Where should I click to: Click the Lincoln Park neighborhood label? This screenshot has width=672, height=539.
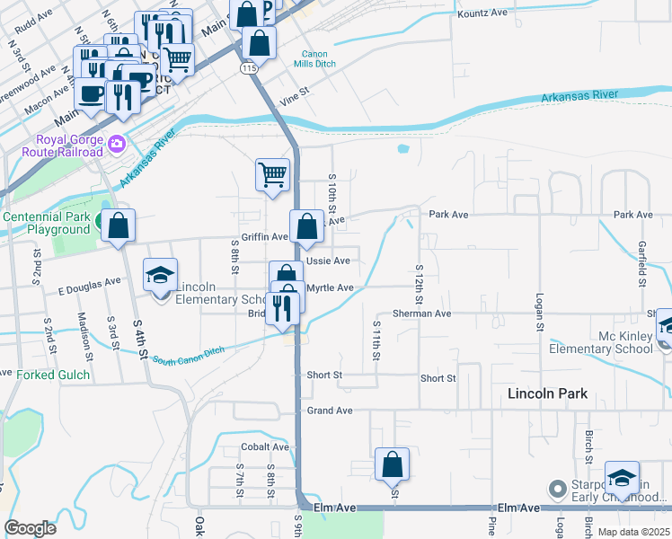(x=547, y=393)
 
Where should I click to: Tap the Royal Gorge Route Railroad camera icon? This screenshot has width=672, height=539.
(x=116, y=143)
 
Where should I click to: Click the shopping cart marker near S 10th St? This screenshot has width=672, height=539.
(x=272, y=174)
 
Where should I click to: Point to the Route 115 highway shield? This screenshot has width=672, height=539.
(x=248, y=67)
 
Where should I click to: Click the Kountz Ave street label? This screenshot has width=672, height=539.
(x=482, y=13)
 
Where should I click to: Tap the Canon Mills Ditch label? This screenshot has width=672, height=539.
(x=321, y=59)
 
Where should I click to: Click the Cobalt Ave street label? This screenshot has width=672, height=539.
(x=265, y=446)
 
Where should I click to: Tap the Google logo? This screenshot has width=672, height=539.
(x=31, y=528)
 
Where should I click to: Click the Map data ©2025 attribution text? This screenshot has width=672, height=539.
(x=632, y=532)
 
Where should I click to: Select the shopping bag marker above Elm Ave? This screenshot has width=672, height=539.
(x=392, y=465)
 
